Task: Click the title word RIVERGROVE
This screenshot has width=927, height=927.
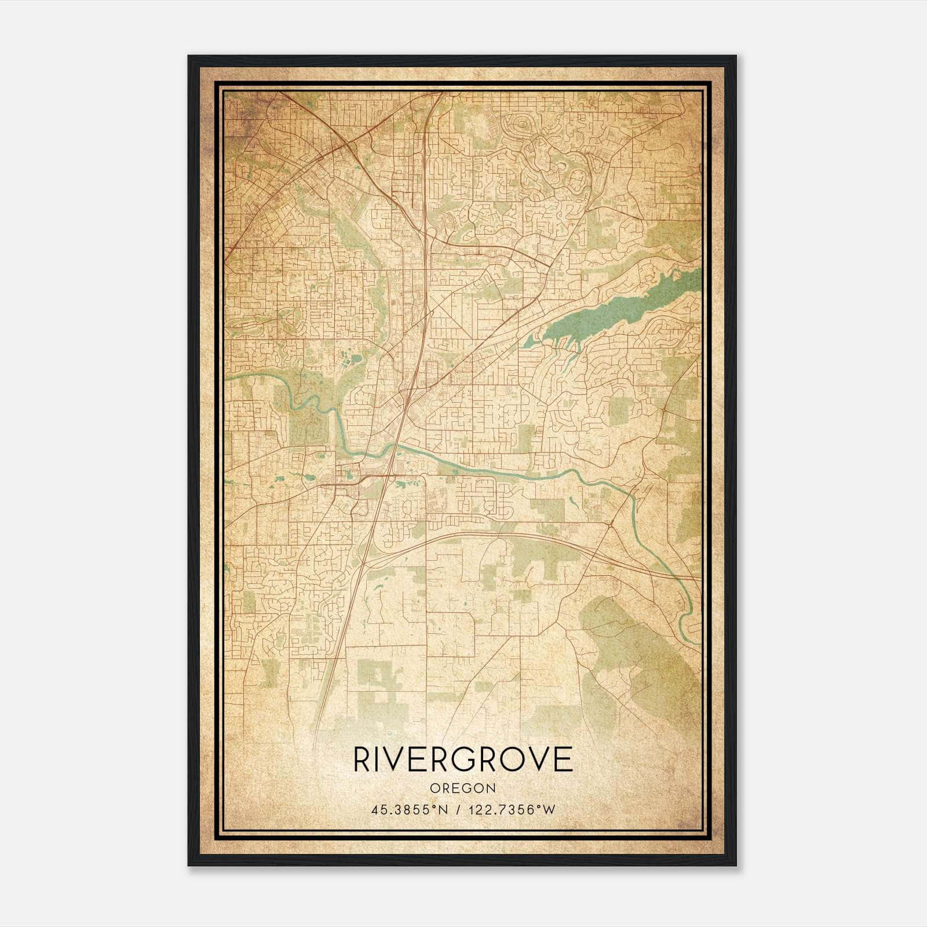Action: point(463,760)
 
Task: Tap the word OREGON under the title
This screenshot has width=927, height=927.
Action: point(463,789)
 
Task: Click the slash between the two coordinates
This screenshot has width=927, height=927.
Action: point(459,810)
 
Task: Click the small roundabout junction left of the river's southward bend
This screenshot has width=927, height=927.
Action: point(611,524)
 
